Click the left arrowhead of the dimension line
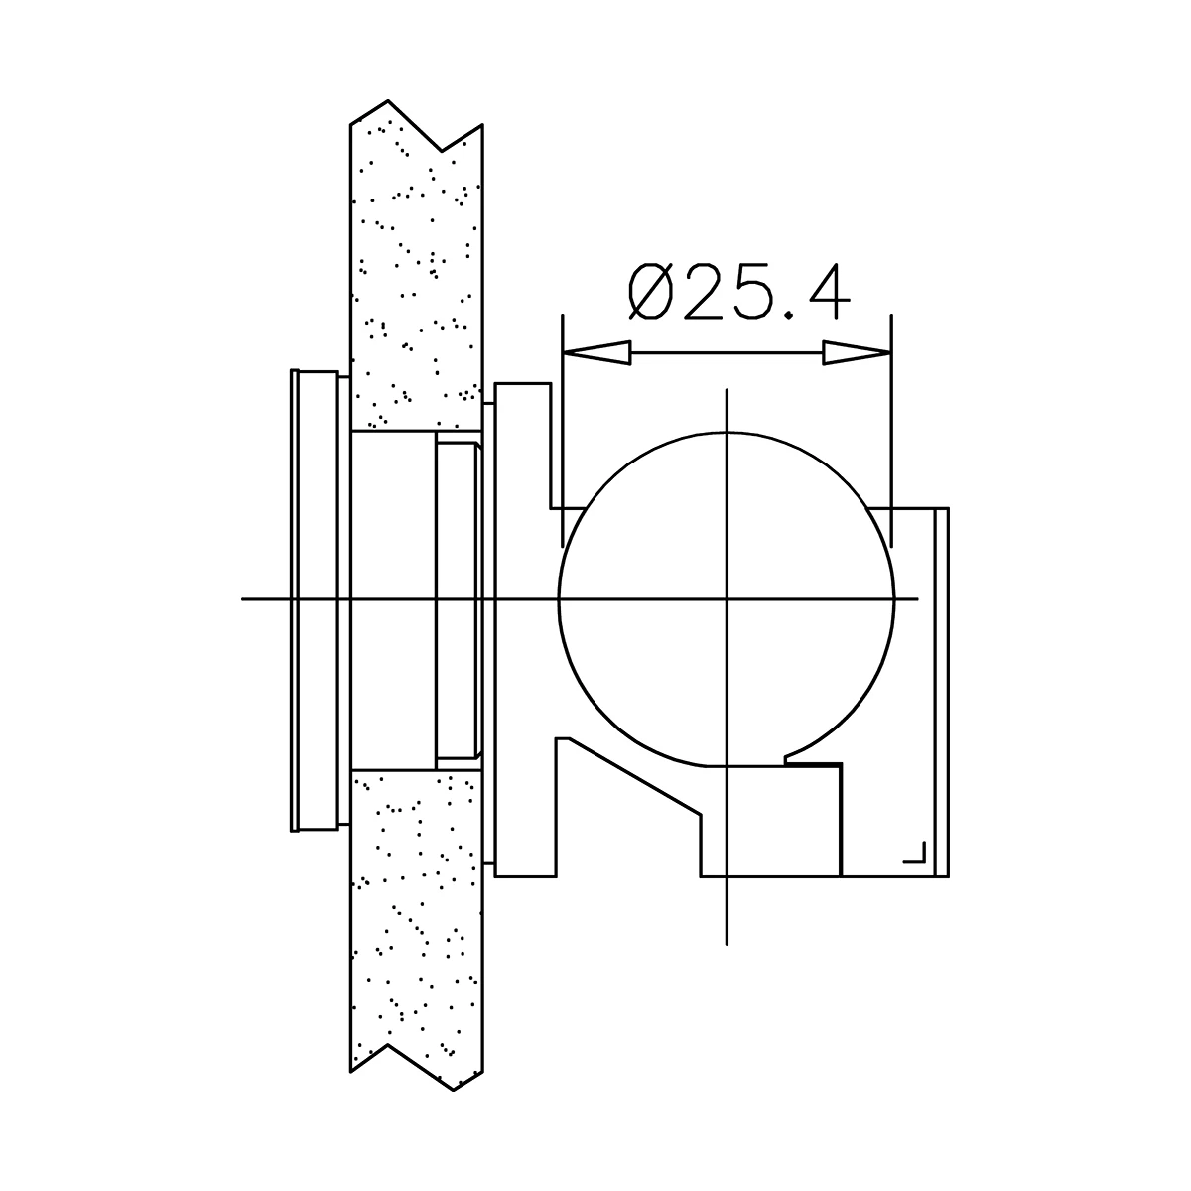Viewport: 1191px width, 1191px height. tap(595, 352)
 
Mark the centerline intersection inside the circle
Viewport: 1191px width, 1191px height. tap(728, 599)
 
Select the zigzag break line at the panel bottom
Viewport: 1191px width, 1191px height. tap(417, 1067)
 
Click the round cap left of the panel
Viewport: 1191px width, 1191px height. tap(316, 599)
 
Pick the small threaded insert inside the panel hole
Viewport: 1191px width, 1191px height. tap(458, 600)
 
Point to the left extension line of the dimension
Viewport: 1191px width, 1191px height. tap(563, 427)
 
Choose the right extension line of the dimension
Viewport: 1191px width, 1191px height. tap(892, 427)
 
